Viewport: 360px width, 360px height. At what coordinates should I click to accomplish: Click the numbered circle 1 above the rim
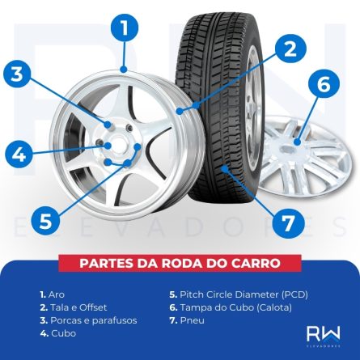[124, 29]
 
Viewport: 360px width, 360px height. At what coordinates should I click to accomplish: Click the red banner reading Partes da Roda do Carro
[180, 264]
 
